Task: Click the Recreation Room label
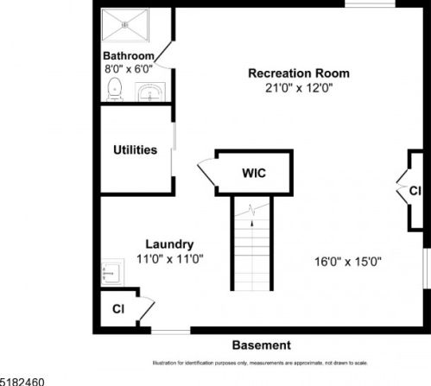[299, 73]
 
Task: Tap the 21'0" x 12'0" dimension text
[299, 88]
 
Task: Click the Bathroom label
[129, 56]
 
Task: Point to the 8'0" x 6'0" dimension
[129, 69]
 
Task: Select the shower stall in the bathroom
[125, 25]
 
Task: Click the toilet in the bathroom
[115, 89]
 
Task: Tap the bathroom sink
[150, 92]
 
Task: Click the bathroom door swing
[163, 55]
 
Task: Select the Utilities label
[135, 150]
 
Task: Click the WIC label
[254, 174]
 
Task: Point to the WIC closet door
[206, 172]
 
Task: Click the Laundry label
[169, 244]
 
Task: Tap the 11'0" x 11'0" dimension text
[170, 259]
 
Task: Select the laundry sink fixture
[112, 272]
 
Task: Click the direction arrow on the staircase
[252, 223]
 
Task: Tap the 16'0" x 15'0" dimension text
[348, 262]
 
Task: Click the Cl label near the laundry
[118, 309]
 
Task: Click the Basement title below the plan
[262, 345]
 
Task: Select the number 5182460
[22, 382]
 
